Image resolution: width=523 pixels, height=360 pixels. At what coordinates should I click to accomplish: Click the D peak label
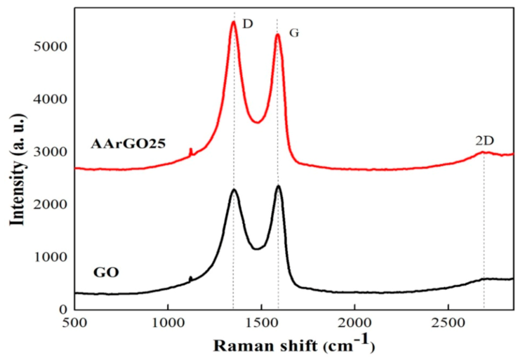[248, 24]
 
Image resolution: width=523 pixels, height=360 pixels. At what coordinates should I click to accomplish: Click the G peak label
[294, 33]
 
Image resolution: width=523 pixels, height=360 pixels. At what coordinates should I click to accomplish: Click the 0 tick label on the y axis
[61, 309]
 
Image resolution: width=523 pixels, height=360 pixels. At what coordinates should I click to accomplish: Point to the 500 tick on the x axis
[75, 323]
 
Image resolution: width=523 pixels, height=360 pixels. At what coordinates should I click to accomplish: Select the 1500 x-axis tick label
[261, 323]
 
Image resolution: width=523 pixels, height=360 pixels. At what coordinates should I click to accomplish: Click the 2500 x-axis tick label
[448, 323]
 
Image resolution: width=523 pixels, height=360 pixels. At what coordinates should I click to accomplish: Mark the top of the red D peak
[233, 22]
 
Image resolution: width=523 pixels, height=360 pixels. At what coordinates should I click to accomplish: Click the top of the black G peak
[278, 186]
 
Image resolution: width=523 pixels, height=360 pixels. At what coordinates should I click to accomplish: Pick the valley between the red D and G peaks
[257, 122]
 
